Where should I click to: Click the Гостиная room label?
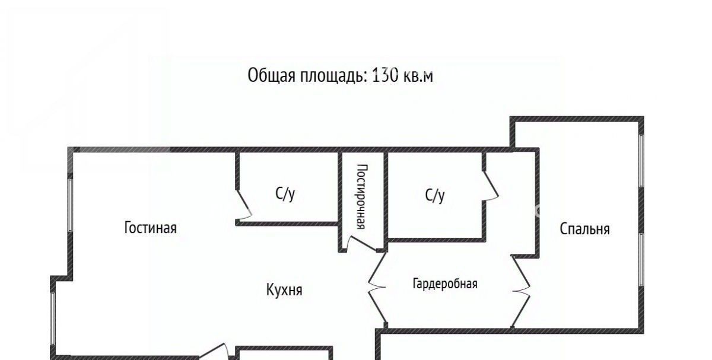pyautogui.click(x=150, y=228)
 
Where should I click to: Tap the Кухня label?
pyautogui.click(x=284, y=290)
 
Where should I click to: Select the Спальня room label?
pyautogui.click(x=584, y=229)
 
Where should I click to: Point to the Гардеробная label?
pyautogui.click(x=445, y=283)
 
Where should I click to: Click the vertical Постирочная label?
pyautogui.click(x=362, y=196)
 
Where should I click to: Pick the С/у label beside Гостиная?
pyautogui.click(x=285, y=193)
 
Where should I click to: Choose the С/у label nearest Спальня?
pyautogui.click(x=435, y=195)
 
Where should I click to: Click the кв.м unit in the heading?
pyautogui.click(x=418, y=77)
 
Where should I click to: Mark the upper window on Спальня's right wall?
pyautogui.click(x=641, y=161)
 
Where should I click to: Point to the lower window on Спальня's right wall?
pyautogui.click(x=641, y=259)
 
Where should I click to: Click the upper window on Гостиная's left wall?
pyautogui.click(x=70, y=205)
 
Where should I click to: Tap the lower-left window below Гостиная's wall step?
pyautogui.click(x=53, y=318)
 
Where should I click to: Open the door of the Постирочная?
pyautogui.click(x=361, y=244)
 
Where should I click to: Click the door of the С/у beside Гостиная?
pyautogui.click(x=244, y=205)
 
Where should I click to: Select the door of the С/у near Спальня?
pyautogui.click(x=491, y=186)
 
